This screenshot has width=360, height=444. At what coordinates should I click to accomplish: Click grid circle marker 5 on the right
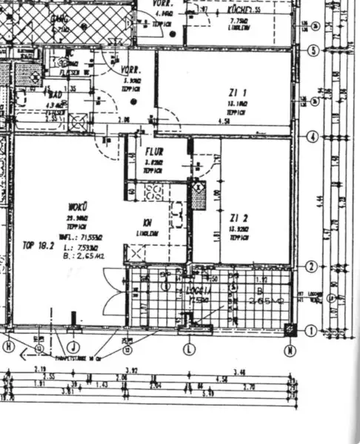coord(313,51)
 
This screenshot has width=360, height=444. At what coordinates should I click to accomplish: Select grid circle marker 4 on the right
coord(313,137)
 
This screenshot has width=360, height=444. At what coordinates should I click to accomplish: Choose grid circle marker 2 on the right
coord(312,266)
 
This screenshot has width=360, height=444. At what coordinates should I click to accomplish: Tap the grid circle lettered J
coord(73,346)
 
